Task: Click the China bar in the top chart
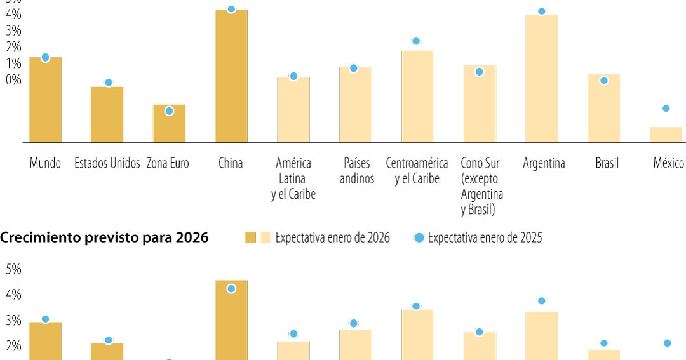pyautogui.click(x=231, y=76)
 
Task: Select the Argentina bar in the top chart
pyautogui.click(x=541, y=79)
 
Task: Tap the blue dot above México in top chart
pyautogui.click(x=666, y=109)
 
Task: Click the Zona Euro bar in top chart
pyautogui.click(x=169, y=124)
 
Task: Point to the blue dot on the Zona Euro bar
pyautogui.click(x=169, y=111)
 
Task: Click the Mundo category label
pyautogui.click(x=45, y=163)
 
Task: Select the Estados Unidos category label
pyautogui.click(x=107, y=163)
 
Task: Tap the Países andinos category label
pyautogui.click(x=356, y=171)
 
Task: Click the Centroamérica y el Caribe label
pyautogui.click(x=417, y=171)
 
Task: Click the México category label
pyautogui.click(x=668, y=163)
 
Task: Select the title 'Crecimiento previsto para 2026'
pyautogui.click(x=104, y=238)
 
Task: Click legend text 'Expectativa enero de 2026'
pyautogui.click(x=332, y=238)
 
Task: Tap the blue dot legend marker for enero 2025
pyautogui.click(x=419, y=238)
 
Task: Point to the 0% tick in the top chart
pyautogui.click(x=13, y=80)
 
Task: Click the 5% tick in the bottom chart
pyautogui.click(x=13, y=270)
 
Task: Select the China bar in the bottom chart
pyautogui.click(x=231, y=321)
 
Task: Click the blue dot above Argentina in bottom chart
pyautogui.click(x=541, y=301)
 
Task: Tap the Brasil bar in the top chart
pyautogui.click(x=603, y=108)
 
